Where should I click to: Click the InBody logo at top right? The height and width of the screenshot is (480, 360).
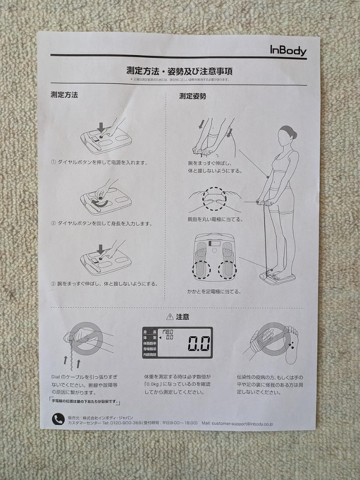288,50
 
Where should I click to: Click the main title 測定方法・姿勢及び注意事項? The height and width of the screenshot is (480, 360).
180,71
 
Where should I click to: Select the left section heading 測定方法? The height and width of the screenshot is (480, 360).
64,95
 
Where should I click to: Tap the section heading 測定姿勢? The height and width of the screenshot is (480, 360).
192,96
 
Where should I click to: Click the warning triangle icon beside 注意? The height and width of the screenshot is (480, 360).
169,317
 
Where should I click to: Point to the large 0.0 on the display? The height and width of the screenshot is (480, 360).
198,343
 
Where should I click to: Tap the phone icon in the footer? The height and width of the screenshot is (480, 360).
58,419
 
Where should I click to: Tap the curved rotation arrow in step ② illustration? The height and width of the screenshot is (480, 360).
100,204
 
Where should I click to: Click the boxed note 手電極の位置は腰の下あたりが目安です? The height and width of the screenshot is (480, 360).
85,401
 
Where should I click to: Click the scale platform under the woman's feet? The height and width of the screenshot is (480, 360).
277,279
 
